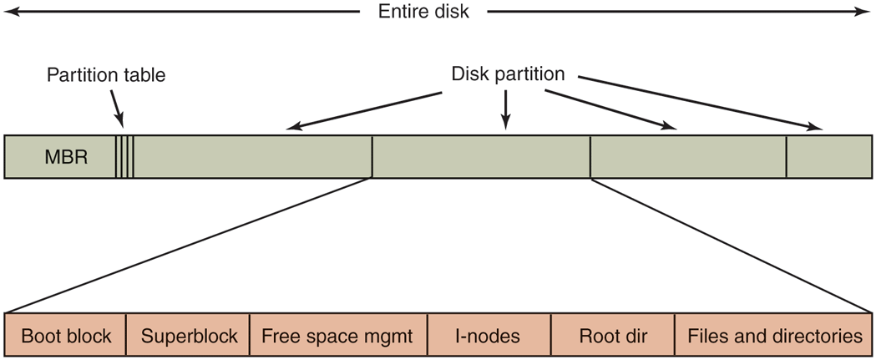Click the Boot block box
coord(66,337)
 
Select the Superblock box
coord(189,337)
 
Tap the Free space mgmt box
coord(337,337)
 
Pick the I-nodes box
coord(488,337)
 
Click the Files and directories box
coord(774,337)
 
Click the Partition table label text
coord(106,75)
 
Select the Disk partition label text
coord(508,74)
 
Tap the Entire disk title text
coord(423,13)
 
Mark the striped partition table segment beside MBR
coord(124,157)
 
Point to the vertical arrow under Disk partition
coord(504,109)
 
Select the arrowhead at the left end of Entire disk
coord(10,13)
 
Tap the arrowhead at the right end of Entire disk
coord(865,13)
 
